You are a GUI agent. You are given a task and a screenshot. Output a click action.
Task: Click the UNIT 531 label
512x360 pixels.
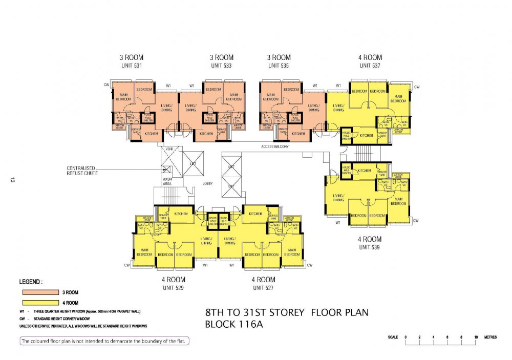[130, 66]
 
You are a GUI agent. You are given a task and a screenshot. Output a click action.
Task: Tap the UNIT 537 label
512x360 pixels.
[370, 66]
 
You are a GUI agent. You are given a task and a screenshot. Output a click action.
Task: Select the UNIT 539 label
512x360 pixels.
[370, 247]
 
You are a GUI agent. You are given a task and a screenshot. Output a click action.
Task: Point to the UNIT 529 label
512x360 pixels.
[173, 288]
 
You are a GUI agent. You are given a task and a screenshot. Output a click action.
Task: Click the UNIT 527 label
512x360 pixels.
[263, 288]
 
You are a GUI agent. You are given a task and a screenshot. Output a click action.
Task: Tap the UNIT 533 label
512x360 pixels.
[221, 66]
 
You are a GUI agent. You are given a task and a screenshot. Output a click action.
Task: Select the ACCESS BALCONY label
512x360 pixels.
[274, 147]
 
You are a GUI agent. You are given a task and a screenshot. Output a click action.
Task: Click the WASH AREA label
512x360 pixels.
[167, 181]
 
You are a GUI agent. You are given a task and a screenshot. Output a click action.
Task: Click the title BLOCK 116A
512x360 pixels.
[233, 324]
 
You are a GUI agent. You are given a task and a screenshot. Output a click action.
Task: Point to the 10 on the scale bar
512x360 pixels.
[476, 337]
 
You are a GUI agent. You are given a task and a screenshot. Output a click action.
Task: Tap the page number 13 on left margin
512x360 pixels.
[11, 180]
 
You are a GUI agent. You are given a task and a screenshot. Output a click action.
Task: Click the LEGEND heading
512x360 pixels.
[31, 282]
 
